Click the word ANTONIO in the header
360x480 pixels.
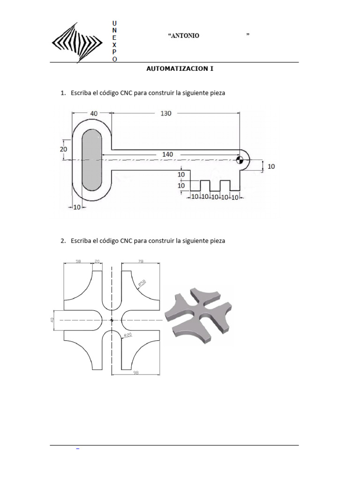(x=184, y=36)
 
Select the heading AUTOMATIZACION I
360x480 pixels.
(x=180, y=68)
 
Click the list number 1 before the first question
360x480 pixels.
(x=63, y=93)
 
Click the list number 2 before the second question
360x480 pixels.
(x=63, y=240)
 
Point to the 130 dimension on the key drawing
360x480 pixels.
(x=166, y=113)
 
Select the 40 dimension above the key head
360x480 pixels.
(x=93, y=113)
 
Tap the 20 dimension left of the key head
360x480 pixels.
(x=64, y=149)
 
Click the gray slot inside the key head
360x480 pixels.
(x=92, y=160)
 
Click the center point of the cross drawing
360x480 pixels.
(x=112, y=320)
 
